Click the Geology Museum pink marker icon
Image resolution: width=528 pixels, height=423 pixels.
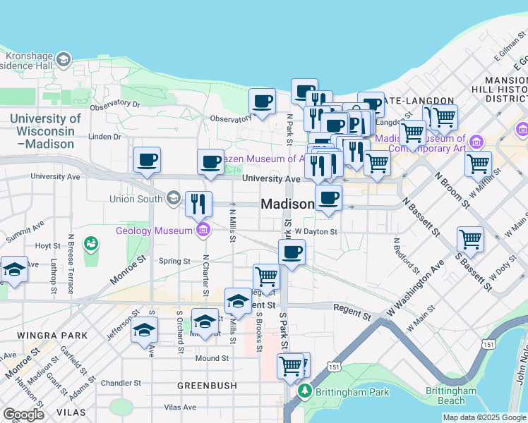203,229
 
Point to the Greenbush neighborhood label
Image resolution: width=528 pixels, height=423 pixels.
200,386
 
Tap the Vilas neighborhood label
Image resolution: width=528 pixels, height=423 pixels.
73,411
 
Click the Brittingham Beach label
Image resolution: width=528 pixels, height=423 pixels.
452,396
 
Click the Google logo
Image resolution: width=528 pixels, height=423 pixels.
23,414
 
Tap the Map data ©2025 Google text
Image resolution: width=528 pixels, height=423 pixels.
484,417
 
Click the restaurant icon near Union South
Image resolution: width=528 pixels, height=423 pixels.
198,204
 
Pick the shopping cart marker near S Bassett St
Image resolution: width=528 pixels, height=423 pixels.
470,239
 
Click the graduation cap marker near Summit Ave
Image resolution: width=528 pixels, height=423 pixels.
14,269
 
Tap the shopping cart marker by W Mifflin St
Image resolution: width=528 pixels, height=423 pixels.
479,163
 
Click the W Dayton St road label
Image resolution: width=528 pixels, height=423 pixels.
316,231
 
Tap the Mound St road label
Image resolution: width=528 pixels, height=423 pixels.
212,358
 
